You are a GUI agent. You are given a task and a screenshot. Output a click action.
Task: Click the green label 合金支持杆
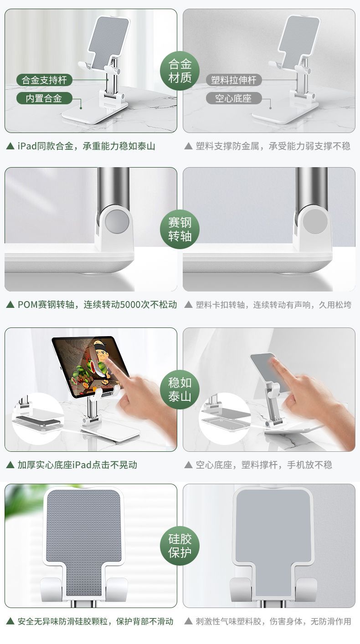[x=44, y=80]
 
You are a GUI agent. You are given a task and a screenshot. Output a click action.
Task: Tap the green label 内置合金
[x=44, y=98]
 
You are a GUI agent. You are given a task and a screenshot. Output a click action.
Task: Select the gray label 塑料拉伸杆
[x=234, y=80]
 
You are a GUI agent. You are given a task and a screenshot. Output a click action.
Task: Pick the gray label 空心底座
[x=234, y=98]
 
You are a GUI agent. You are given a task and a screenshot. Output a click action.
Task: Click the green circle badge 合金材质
[x=180, y=71]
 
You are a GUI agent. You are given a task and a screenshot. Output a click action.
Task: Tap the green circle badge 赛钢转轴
[x=180, y=229]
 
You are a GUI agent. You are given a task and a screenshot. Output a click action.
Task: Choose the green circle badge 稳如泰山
[x=180, y=389]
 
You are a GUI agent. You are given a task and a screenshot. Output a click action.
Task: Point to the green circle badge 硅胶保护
[x=180, y=546]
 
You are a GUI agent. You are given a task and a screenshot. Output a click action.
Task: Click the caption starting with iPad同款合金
[x=86, y=146]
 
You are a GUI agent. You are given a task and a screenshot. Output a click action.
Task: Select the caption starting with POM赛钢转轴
[x=97, y=304]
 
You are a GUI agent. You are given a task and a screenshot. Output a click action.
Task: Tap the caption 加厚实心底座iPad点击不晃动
[x=77, y=465]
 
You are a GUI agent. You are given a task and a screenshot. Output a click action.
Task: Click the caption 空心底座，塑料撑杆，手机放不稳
[x=264, y=465]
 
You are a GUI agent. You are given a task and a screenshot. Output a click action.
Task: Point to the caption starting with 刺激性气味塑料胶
[x=273, y=622]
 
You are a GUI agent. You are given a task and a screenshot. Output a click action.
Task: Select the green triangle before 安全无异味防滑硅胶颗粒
[x=10, y=622]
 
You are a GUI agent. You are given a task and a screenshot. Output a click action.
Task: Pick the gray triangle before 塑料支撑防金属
[x=188, y=146]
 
